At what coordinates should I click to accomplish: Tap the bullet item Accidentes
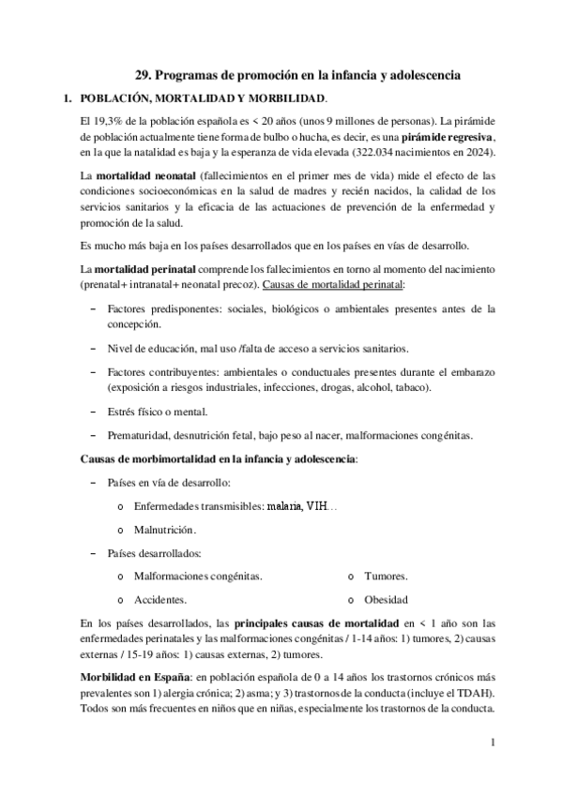click(160, 600)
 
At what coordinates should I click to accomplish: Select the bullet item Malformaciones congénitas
click(198, 577)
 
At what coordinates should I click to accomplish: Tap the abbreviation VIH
click(320, 506)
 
